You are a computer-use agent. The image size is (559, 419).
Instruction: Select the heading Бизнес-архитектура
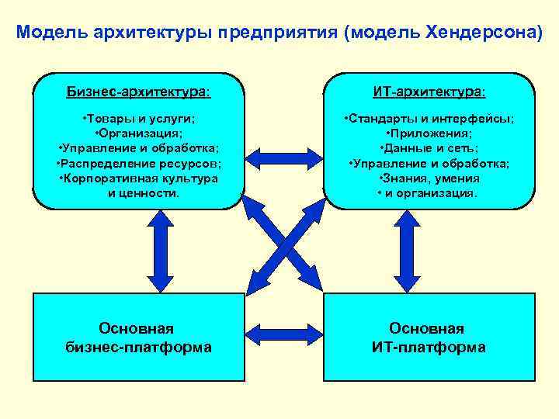click(138, 92)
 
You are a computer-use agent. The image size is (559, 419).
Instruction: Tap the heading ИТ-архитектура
click(429, 92)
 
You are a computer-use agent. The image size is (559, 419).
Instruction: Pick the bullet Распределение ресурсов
click(138, 163)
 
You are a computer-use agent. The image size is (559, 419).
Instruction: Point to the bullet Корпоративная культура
click(138, 178)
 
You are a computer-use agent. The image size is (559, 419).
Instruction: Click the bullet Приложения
click(429, 133)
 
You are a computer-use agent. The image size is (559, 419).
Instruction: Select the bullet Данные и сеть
click(429, 148)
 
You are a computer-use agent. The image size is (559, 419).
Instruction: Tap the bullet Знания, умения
click(429, 178)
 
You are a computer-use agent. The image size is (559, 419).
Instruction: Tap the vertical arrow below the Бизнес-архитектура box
click(160, 250)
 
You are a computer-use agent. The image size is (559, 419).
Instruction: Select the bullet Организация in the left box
click(138, 133)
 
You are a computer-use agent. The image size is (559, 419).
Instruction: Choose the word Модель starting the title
click(43, 33)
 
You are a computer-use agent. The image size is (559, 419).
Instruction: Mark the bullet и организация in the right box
click(429, 192)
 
